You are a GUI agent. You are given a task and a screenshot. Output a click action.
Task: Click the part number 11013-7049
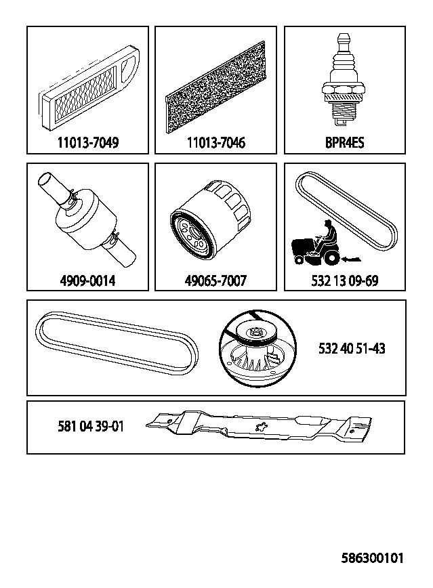tap(88, 142)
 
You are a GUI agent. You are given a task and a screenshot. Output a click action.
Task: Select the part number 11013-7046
tap(215, 142)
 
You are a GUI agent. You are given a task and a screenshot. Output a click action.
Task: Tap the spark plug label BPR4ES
tap(344, 142)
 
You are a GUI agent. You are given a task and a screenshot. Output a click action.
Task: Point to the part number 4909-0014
tap(87, 280)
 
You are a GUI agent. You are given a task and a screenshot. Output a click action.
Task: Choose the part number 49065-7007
tap(215, 280)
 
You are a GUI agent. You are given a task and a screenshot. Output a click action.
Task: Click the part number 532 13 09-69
tap(345, 280)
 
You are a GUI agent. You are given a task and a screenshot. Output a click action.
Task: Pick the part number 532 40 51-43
tap(352, 348)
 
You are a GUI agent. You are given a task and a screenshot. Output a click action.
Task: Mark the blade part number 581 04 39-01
tap(90, 426)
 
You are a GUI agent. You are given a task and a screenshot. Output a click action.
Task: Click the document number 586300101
tap(372, 558)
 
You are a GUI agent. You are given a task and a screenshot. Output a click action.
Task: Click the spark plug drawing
tap(343, 80)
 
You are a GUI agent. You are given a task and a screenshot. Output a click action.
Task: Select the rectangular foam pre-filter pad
tap(216, 87)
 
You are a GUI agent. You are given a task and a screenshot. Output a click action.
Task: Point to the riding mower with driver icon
tap(316, 243)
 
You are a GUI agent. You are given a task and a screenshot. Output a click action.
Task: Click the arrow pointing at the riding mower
tap(351, 258)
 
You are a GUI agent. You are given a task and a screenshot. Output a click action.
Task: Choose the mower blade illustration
tap(259, 427)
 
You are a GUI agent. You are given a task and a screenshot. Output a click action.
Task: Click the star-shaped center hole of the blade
tap(260, 427)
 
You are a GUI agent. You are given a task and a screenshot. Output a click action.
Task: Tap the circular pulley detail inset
tap(257, 348)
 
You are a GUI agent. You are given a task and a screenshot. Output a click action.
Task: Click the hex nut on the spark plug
tap(343, 89)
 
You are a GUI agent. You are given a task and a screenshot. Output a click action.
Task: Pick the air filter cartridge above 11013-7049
tap(89, 89)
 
